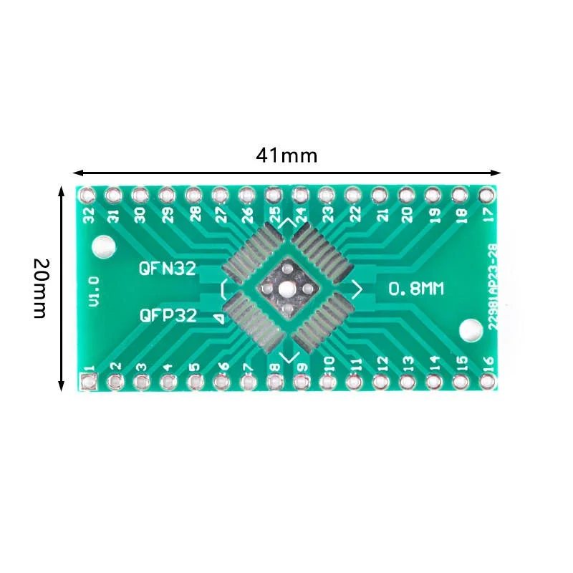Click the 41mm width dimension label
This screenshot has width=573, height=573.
[x=286, y=155]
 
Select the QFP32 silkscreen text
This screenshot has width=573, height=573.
[x=168, y=315]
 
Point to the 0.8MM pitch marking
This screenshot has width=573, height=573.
[x=417, y=289]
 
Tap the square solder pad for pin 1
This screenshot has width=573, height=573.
[x=88, y=382]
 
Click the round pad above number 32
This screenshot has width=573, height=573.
[x=87, y=194]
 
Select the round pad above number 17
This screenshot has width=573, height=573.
[x=486, y=194]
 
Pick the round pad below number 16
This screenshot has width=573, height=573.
[x=487, y=382]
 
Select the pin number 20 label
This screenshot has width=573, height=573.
[x=408, y=213]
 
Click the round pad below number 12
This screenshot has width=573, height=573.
[x=380, y=382]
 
